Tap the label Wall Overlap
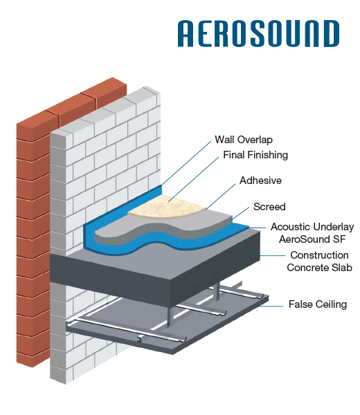point(243,140)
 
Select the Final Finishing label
point(255,155)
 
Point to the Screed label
point(269,206)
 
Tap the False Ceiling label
point(317,304)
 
